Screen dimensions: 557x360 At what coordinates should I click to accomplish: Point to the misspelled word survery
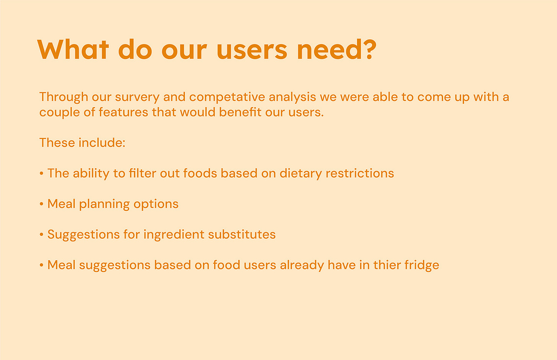[137, 97]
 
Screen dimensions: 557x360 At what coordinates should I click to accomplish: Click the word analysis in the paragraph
[292, 97]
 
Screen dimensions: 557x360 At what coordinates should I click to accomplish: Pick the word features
[123, 112]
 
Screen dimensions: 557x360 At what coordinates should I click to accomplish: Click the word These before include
[57, 142]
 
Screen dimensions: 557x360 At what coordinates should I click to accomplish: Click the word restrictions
[360, 173]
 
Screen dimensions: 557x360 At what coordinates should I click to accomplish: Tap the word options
[156, 204]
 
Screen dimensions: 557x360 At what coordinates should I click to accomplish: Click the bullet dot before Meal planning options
[42, 204]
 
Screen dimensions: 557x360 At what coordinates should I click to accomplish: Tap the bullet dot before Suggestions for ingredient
[42, 235]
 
